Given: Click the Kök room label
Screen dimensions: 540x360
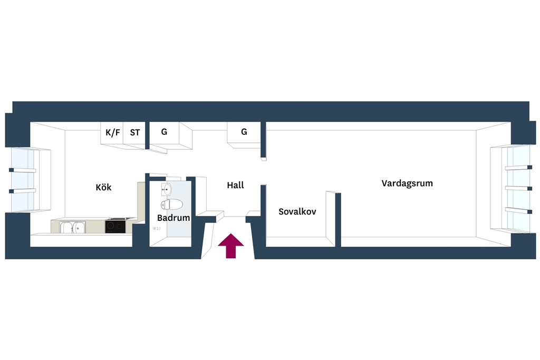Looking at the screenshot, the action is [103, 187].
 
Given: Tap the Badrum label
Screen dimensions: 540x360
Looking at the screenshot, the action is [173, 218].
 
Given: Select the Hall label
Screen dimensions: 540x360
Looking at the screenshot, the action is [235, 185].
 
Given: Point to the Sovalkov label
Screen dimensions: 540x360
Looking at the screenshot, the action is [297, 211].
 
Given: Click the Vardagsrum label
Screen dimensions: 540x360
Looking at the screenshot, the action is [407, 183].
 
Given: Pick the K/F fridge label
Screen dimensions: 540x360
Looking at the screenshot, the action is [113, 132].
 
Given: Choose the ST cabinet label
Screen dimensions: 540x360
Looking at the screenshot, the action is [135, 132].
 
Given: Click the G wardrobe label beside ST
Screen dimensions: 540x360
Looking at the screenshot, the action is [164, 131].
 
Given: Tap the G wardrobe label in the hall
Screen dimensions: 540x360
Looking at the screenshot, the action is [244, 131].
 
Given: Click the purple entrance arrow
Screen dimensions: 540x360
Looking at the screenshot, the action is [231, 246].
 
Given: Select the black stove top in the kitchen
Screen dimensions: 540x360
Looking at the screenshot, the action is [115, 226].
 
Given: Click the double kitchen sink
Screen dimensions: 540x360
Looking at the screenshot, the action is [73, 227].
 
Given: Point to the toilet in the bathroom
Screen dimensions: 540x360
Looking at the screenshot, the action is [171, 204].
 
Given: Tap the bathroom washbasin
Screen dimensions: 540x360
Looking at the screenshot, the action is [166, 189].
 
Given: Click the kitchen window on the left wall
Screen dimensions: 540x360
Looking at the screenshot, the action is [23, 180].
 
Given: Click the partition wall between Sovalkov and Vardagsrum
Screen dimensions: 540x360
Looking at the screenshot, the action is [338, 220].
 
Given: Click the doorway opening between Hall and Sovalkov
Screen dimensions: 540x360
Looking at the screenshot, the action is [264, 172].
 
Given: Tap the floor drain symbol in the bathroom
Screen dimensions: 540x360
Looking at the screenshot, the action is [157, 229].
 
